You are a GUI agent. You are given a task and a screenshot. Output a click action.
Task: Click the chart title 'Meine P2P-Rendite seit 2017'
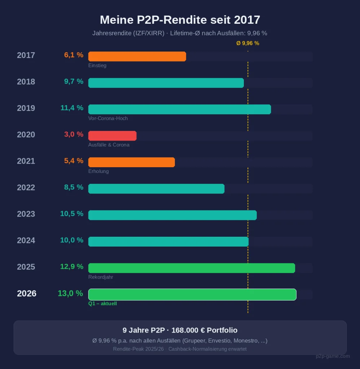tap(180, 19)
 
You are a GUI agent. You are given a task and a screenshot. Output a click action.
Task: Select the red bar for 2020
tap(112, 136)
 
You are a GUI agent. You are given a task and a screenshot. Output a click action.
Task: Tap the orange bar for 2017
tap(137, 57)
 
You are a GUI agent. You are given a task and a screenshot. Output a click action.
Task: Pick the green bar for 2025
tap(192, 268)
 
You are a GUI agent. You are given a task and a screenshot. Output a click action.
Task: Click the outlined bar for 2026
tap(192, 294)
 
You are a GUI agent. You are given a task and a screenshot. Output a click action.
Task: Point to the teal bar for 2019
tap(179, 110)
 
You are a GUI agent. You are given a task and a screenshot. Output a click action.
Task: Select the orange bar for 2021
tap(131, 162)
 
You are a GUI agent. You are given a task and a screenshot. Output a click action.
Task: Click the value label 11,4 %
tap(72, 108)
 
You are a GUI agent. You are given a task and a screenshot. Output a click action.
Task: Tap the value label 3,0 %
tap(74, 134)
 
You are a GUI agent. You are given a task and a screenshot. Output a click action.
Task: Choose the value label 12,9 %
tap(72, 267)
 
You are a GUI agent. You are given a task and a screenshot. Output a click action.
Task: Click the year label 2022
tap(26, 187)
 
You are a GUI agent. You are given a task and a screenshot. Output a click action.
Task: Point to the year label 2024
tap(26, 240)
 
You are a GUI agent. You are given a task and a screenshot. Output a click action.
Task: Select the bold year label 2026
tap(27, 293)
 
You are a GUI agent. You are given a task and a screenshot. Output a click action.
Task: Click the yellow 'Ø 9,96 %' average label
tap(247, 43)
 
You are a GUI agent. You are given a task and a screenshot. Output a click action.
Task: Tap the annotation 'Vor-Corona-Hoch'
tap(108, 118)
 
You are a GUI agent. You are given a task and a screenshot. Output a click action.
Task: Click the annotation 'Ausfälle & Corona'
tap(109, 145)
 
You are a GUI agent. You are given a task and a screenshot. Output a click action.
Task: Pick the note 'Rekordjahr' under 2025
tap(101, 277)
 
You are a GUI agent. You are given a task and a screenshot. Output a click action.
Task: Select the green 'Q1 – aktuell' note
tap(102, 304)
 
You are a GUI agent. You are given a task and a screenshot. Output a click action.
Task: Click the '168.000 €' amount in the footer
tap(188, 330)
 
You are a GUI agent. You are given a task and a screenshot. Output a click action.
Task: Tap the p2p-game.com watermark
tap(333, 356)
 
